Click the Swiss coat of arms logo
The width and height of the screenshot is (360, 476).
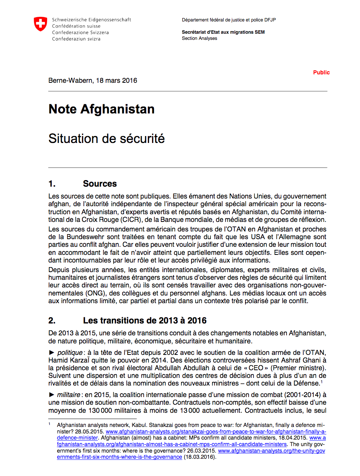pos(40,24)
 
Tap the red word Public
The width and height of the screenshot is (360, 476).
pos(321,72)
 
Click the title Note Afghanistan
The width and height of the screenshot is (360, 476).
pos(101,109)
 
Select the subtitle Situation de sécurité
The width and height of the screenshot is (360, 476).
pos(106,138)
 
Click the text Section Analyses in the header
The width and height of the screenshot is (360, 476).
pos(200,38)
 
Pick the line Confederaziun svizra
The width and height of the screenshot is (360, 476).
pos(76,39)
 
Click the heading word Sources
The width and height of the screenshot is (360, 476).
pos(100,184)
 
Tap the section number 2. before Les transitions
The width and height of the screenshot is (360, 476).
pos(52,320)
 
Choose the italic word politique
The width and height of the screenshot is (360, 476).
pos(69,352)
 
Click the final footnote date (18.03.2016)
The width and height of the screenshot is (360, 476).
pos(199,457)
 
